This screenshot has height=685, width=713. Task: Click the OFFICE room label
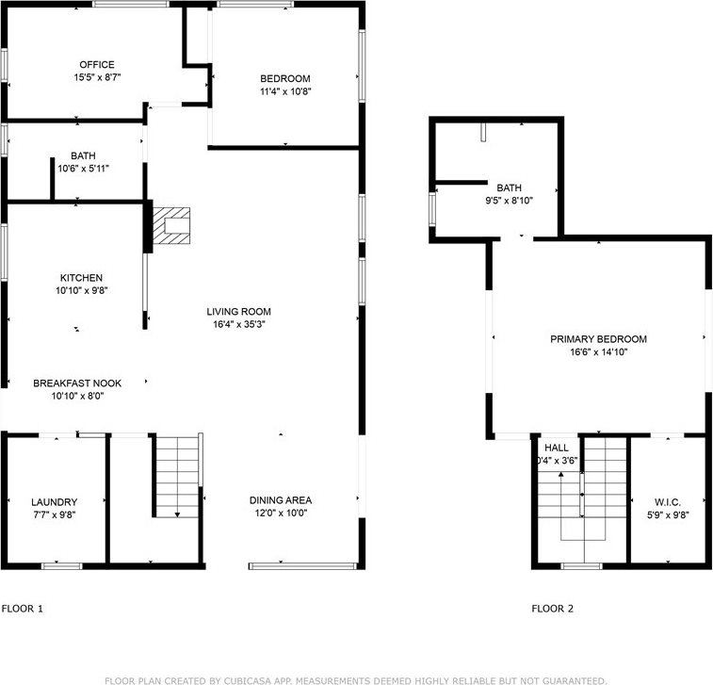pos(97,65)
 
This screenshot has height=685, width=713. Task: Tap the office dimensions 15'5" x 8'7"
pos(97,77)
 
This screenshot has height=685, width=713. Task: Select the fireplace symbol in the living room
pos(171,226)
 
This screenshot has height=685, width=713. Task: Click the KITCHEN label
pos(81,278)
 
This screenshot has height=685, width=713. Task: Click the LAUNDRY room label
pos(54,502)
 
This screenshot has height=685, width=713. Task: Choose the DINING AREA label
pos(281,500)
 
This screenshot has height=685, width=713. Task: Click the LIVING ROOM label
pos(239,312)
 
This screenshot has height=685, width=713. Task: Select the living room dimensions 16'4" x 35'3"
pos(239,325)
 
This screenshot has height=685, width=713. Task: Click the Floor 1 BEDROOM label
pos(285,78)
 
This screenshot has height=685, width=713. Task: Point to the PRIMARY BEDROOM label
pos(599,339)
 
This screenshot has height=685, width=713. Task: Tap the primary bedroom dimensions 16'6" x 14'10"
pos(599,352)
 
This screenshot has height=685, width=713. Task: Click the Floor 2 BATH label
pos(510,188)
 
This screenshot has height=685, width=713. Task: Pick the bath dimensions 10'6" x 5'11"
pos(83,170)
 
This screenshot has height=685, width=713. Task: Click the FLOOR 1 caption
pos(23,609)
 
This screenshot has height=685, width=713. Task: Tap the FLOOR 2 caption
pos(552,609)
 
